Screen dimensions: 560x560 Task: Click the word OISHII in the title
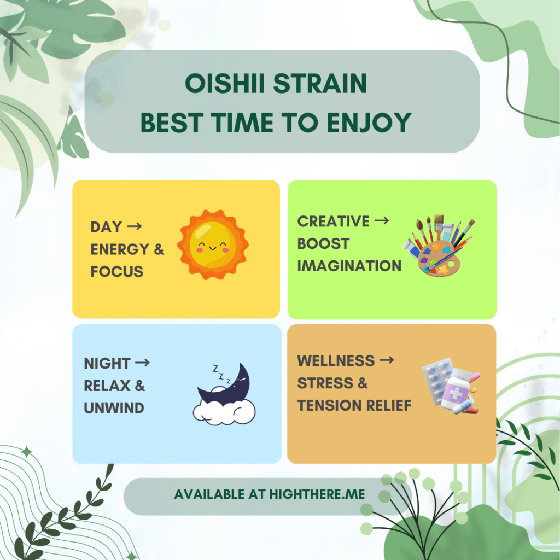225,83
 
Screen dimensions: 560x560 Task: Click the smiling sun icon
213,244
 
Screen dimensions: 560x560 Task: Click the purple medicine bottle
457,390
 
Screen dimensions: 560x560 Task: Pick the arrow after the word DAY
135,226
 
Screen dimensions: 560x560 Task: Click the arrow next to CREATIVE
381,221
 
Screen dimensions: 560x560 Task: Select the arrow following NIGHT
143,363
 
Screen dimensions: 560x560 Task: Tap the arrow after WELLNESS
387,360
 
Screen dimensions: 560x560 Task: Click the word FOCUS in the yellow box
117,272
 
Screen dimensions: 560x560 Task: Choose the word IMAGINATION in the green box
349,266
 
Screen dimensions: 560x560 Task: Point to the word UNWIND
114,408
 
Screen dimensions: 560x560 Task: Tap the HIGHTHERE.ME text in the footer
317,494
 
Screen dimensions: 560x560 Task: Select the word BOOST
323,244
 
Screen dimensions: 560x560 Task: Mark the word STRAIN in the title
320,83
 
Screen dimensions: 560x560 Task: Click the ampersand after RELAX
139,386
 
